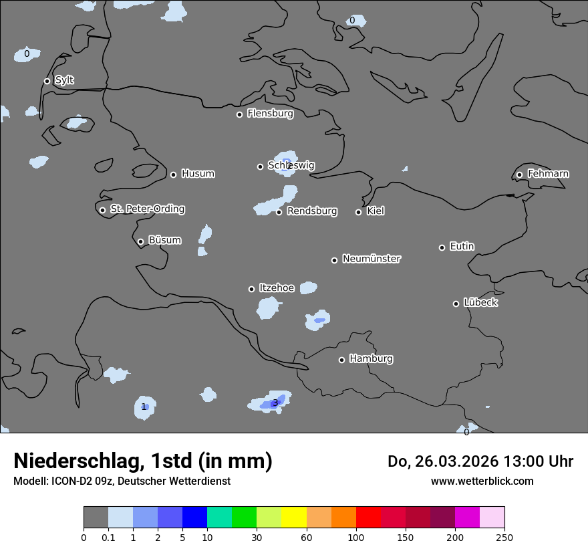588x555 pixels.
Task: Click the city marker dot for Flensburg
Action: click(239, 114)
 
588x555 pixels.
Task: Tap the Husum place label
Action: click(198, 174)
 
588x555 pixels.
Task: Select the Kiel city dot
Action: click(358, 212)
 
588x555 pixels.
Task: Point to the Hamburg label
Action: click(371, 358)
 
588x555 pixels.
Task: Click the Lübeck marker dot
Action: click(456, 304)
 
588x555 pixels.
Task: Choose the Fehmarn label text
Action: click(548, 174)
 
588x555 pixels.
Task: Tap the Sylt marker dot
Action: click(47, 81)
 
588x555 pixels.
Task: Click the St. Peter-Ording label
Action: click(147, 209)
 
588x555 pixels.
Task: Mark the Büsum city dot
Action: click(140, 241)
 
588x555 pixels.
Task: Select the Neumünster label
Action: click(372, 258)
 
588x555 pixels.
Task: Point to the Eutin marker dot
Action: click(442, 247)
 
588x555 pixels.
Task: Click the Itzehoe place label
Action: click(277, 288)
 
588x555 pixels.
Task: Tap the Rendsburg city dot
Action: click(279, 212)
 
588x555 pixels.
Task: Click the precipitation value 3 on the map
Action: click(275, 403)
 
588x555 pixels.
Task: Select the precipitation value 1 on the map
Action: click(144, 407)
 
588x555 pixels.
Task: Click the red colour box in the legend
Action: click(368, 518)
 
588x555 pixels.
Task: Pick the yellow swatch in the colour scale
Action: click(294, 518)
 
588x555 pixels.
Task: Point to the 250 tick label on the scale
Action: click(504, 537)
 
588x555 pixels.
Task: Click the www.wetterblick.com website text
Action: click(482, 481)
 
